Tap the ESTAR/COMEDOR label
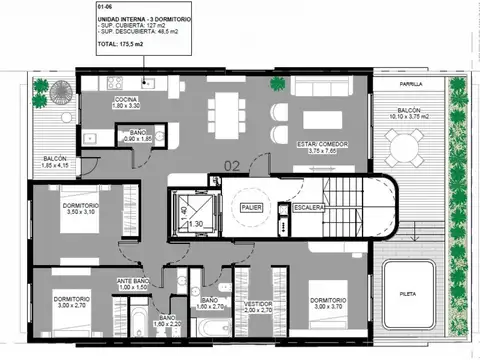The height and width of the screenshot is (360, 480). pos(321,146)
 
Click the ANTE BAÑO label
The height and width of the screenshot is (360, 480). pos(133,283)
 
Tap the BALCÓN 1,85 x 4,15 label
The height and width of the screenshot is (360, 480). pos(55,166)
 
